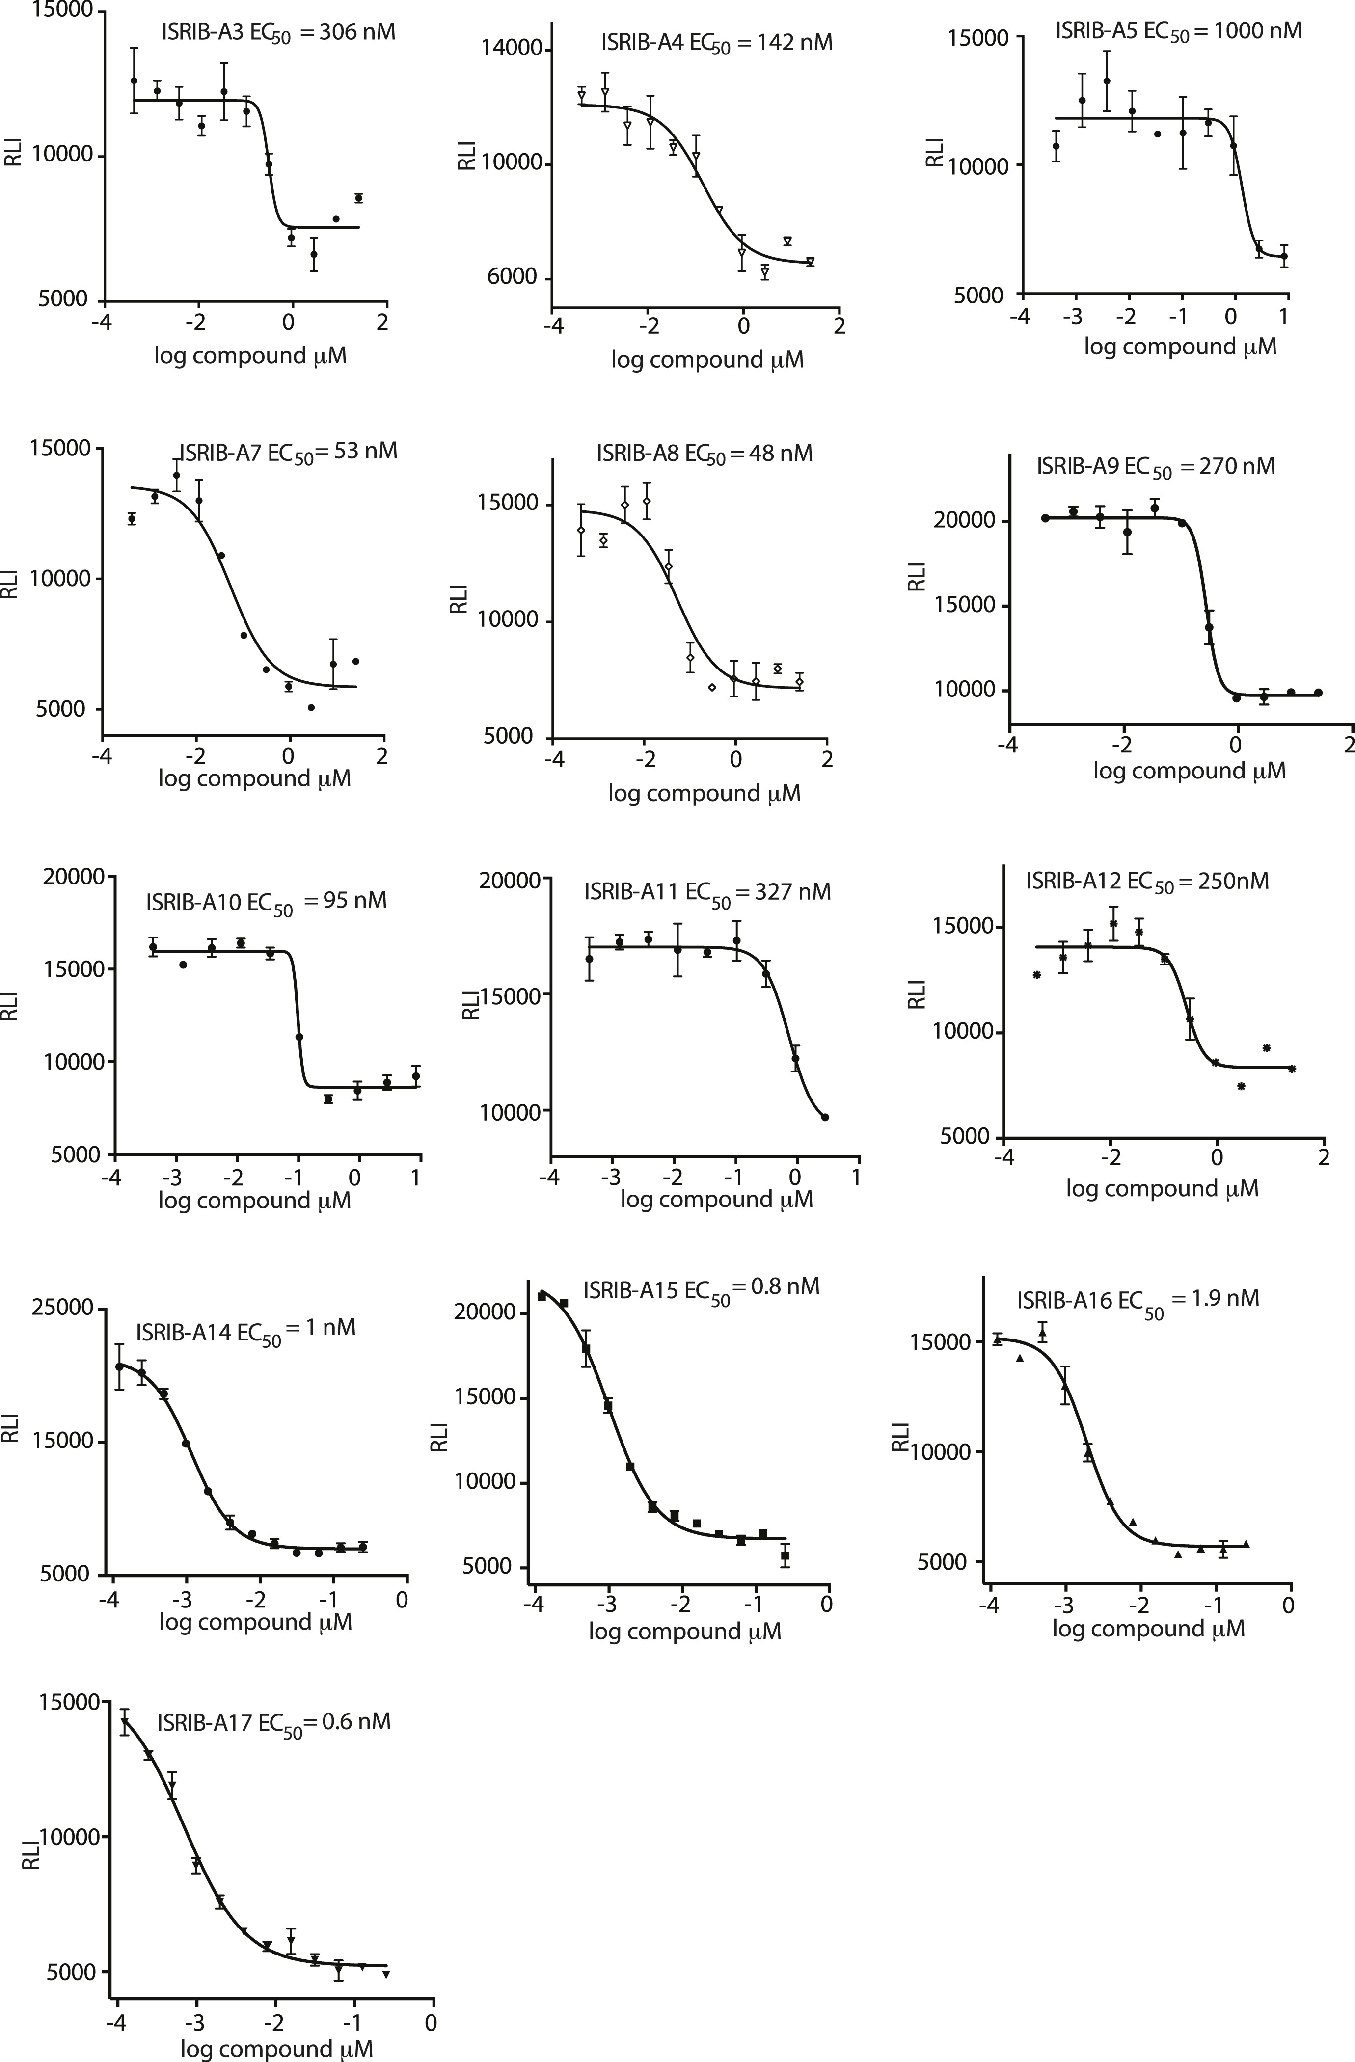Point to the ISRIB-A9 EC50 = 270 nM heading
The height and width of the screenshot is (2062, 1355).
[x=1156, y=467]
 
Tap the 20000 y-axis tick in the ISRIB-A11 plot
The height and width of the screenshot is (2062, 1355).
[x=510, y=880]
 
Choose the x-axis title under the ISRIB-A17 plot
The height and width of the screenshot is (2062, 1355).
[x=277, y=2049]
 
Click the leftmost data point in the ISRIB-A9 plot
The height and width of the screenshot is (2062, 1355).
[x=1046, y=518]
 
